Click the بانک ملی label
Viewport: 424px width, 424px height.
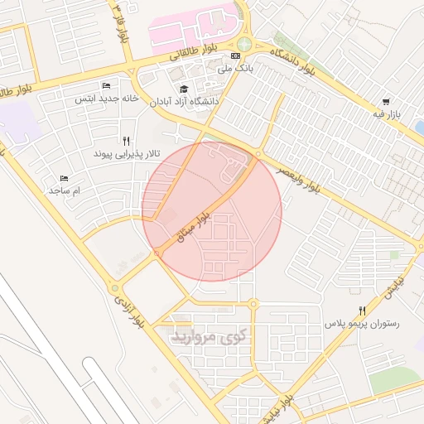pyautogui.click(x=234, y=69)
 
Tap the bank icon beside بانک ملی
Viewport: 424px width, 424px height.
pyautogui.click(x=236, y=55)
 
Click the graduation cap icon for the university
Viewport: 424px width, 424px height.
pyautogui.click(x=184, y=89)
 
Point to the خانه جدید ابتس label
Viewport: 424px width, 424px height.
pyautogui.click(x=105, y=99)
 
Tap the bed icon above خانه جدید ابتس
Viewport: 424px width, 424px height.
pyautogui.click(x=105, y=86)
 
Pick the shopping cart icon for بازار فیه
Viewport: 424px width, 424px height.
pyautogui.click(x=388, y=101)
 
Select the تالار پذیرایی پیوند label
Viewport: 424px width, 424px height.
pyautogui.click(x=126, y=154)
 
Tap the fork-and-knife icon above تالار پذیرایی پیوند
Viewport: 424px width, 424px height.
pyautogui.click(x=126, y=141)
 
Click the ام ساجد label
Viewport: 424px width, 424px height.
pyautogui.click(x=65, y=191)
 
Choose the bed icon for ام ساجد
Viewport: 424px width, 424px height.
pyautogui.click(x=65, y=178)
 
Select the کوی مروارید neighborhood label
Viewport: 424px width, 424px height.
pyautogui.click(x=209, y=336)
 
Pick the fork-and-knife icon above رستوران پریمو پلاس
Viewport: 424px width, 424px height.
pyautogui.click(x=362, y=310)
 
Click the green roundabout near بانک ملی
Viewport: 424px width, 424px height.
pyautogui.click(x=243, y=44)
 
